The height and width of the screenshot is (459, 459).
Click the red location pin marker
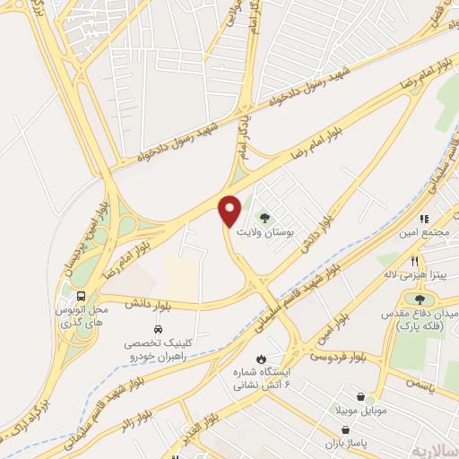click(x=230, y=210)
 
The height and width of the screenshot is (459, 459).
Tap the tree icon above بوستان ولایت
click(x=264, y=216)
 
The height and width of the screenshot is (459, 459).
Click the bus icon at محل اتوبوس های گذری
click(x=82, y=295)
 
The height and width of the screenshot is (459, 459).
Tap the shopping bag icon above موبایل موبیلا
click(x=359, y=397)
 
